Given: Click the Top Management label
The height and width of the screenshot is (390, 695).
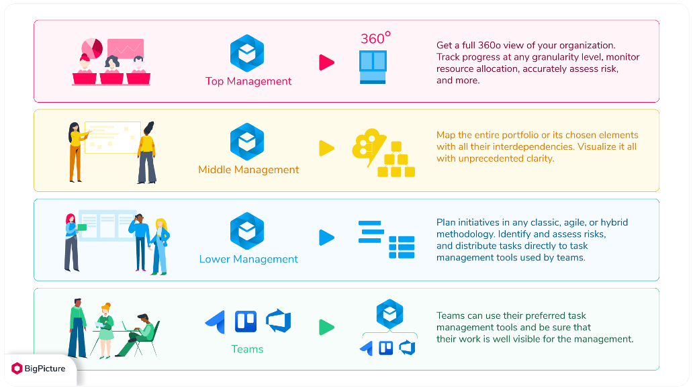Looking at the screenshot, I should [248, 81].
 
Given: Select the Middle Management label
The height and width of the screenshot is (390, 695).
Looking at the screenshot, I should [248, 170].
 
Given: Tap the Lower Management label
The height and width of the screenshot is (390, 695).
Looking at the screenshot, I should [248, 259].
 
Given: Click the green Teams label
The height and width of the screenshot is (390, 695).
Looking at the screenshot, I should [247, 349].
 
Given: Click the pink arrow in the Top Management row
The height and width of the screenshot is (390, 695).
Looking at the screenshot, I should [326, 63].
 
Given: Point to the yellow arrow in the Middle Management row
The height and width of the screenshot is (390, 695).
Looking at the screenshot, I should [326, 148].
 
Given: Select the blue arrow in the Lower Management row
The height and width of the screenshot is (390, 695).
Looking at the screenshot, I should [326, 238].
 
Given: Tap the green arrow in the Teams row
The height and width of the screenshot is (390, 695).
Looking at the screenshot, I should [326, 328].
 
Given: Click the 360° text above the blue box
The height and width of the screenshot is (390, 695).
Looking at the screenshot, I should [375, 39].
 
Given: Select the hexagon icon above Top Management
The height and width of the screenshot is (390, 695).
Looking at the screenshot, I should [247, 53].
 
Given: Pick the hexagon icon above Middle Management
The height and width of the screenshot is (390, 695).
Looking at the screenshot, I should [247, 141].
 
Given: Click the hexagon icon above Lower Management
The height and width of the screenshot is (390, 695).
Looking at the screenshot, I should [247, 230].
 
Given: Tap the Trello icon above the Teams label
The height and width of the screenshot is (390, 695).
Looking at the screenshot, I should [246, 322].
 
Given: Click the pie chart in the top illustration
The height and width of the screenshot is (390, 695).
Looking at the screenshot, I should [92, 47].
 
